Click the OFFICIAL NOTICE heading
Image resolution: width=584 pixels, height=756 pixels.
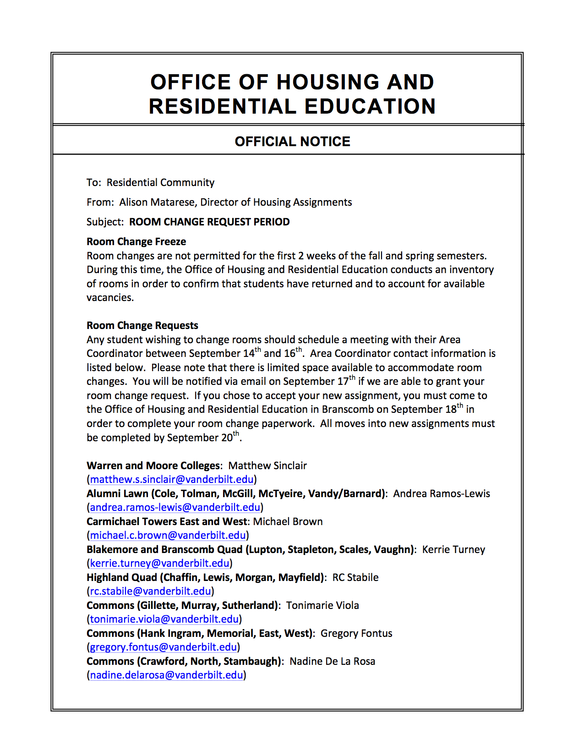[292, 142]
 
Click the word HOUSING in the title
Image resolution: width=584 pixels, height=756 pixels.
[328, 82]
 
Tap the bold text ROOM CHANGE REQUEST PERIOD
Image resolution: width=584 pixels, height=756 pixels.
[209, 222]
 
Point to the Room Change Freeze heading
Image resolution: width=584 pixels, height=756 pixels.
[136, 242]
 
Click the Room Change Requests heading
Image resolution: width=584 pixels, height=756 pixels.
[142, 326]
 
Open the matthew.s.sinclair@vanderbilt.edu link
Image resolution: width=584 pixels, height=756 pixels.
[172, 480]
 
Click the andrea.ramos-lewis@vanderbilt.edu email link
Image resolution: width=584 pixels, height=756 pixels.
[175, 508]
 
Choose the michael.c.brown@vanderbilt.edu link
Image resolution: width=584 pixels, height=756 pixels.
[168, 536]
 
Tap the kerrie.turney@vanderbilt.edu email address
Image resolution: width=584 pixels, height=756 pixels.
[159, 564]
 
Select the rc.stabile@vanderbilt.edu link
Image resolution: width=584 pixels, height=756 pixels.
[150, 592]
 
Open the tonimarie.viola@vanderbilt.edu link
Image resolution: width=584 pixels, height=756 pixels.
[164, 619]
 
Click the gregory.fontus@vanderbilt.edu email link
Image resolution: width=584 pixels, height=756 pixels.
[163, 647]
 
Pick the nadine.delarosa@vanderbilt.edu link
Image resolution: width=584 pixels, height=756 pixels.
[166, 675]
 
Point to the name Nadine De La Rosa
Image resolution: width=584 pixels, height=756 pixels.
[332, 662]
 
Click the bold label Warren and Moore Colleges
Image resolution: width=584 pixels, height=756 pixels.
[153, 466]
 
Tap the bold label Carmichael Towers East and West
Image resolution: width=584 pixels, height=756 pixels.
[166, 522]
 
